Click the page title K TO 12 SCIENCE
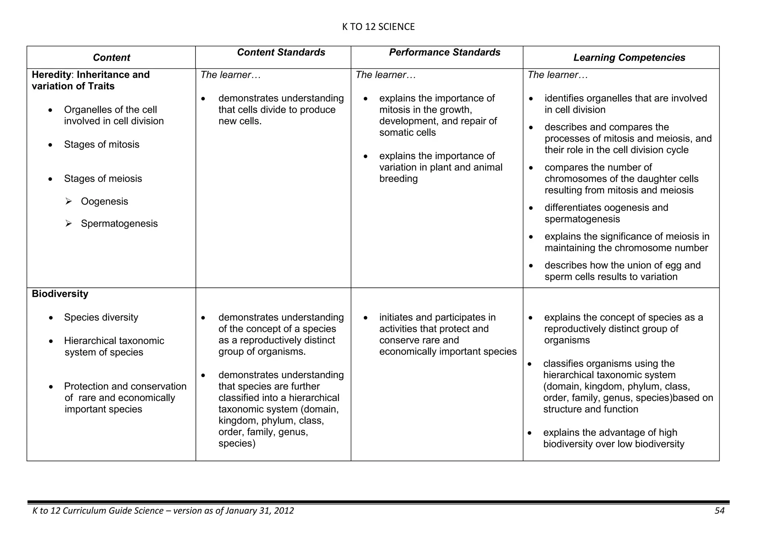(x=378, y=27)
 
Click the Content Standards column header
(x=281, y=53)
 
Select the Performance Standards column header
(x=444, y=53)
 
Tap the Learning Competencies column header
(x=629, y=58)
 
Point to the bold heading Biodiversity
(x=60, y=294)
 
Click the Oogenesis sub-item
(x=104, y=202)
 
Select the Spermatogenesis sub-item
(x=119, y=224)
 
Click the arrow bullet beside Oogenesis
(x=68, y=202)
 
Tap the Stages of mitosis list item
(x=102, y=145)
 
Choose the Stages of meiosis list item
(x=103, y=179)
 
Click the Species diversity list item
(x=101, y=317)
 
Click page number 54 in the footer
(x=719, y=511)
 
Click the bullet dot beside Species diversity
(x=51, y=318)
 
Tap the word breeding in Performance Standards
(x=398, y=179)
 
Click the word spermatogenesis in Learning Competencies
(x=582, y=219)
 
